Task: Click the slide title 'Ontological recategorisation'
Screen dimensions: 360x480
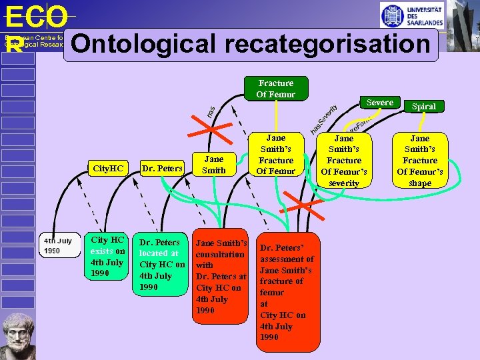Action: click(x=251, y=45)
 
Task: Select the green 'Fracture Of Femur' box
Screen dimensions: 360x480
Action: click(x=276, y=89)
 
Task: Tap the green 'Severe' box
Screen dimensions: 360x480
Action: click(x=380, y=103)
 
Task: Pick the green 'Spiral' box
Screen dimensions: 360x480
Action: click(x=424, y=107)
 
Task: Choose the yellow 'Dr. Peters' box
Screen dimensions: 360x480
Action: click(x=162, y=169)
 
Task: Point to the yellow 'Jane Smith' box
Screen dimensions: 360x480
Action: click(x=213, y=165)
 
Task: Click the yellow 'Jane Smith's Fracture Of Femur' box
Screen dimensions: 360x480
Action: click(x=276, y=155)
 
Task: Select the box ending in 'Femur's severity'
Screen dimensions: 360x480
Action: click(x=344, y=161)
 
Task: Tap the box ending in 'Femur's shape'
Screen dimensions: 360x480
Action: click(x=420, y=161)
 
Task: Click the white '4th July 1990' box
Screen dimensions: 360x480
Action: click(x=58, y=246)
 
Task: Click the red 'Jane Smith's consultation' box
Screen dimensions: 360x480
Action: click(x=221, y=277)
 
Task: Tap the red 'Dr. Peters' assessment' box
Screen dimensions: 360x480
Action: click(x=287, y=287)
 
